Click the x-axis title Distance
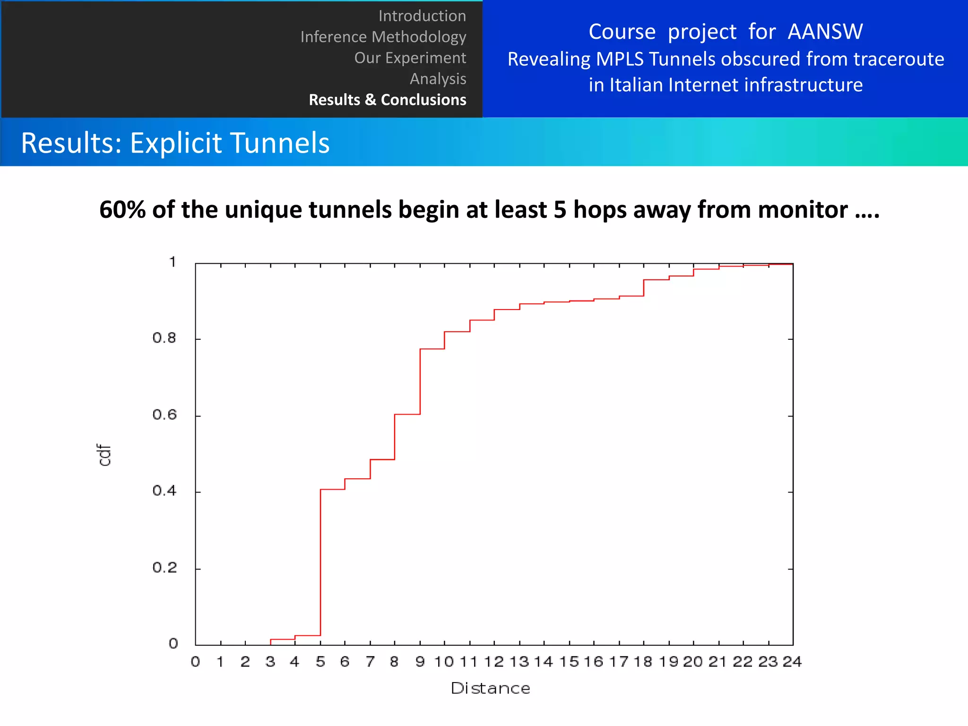[490, 688]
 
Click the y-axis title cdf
[104, 455]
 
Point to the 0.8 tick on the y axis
[164, 338]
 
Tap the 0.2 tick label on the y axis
[164, 568]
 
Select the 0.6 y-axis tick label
[164, 415]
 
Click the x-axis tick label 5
[320, 662]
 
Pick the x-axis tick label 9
[420, 662]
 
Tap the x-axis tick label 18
[643, 662]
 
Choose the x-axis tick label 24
[792, 662]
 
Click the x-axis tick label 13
[519, 662]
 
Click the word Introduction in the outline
[422, 16]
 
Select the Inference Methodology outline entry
[383, 37]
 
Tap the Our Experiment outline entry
[410, 58]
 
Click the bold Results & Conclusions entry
[387, 100]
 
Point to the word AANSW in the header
[825, 32]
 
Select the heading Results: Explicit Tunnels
[175, 143]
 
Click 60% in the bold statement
[122, 209]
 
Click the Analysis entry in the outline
[438, 78]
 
